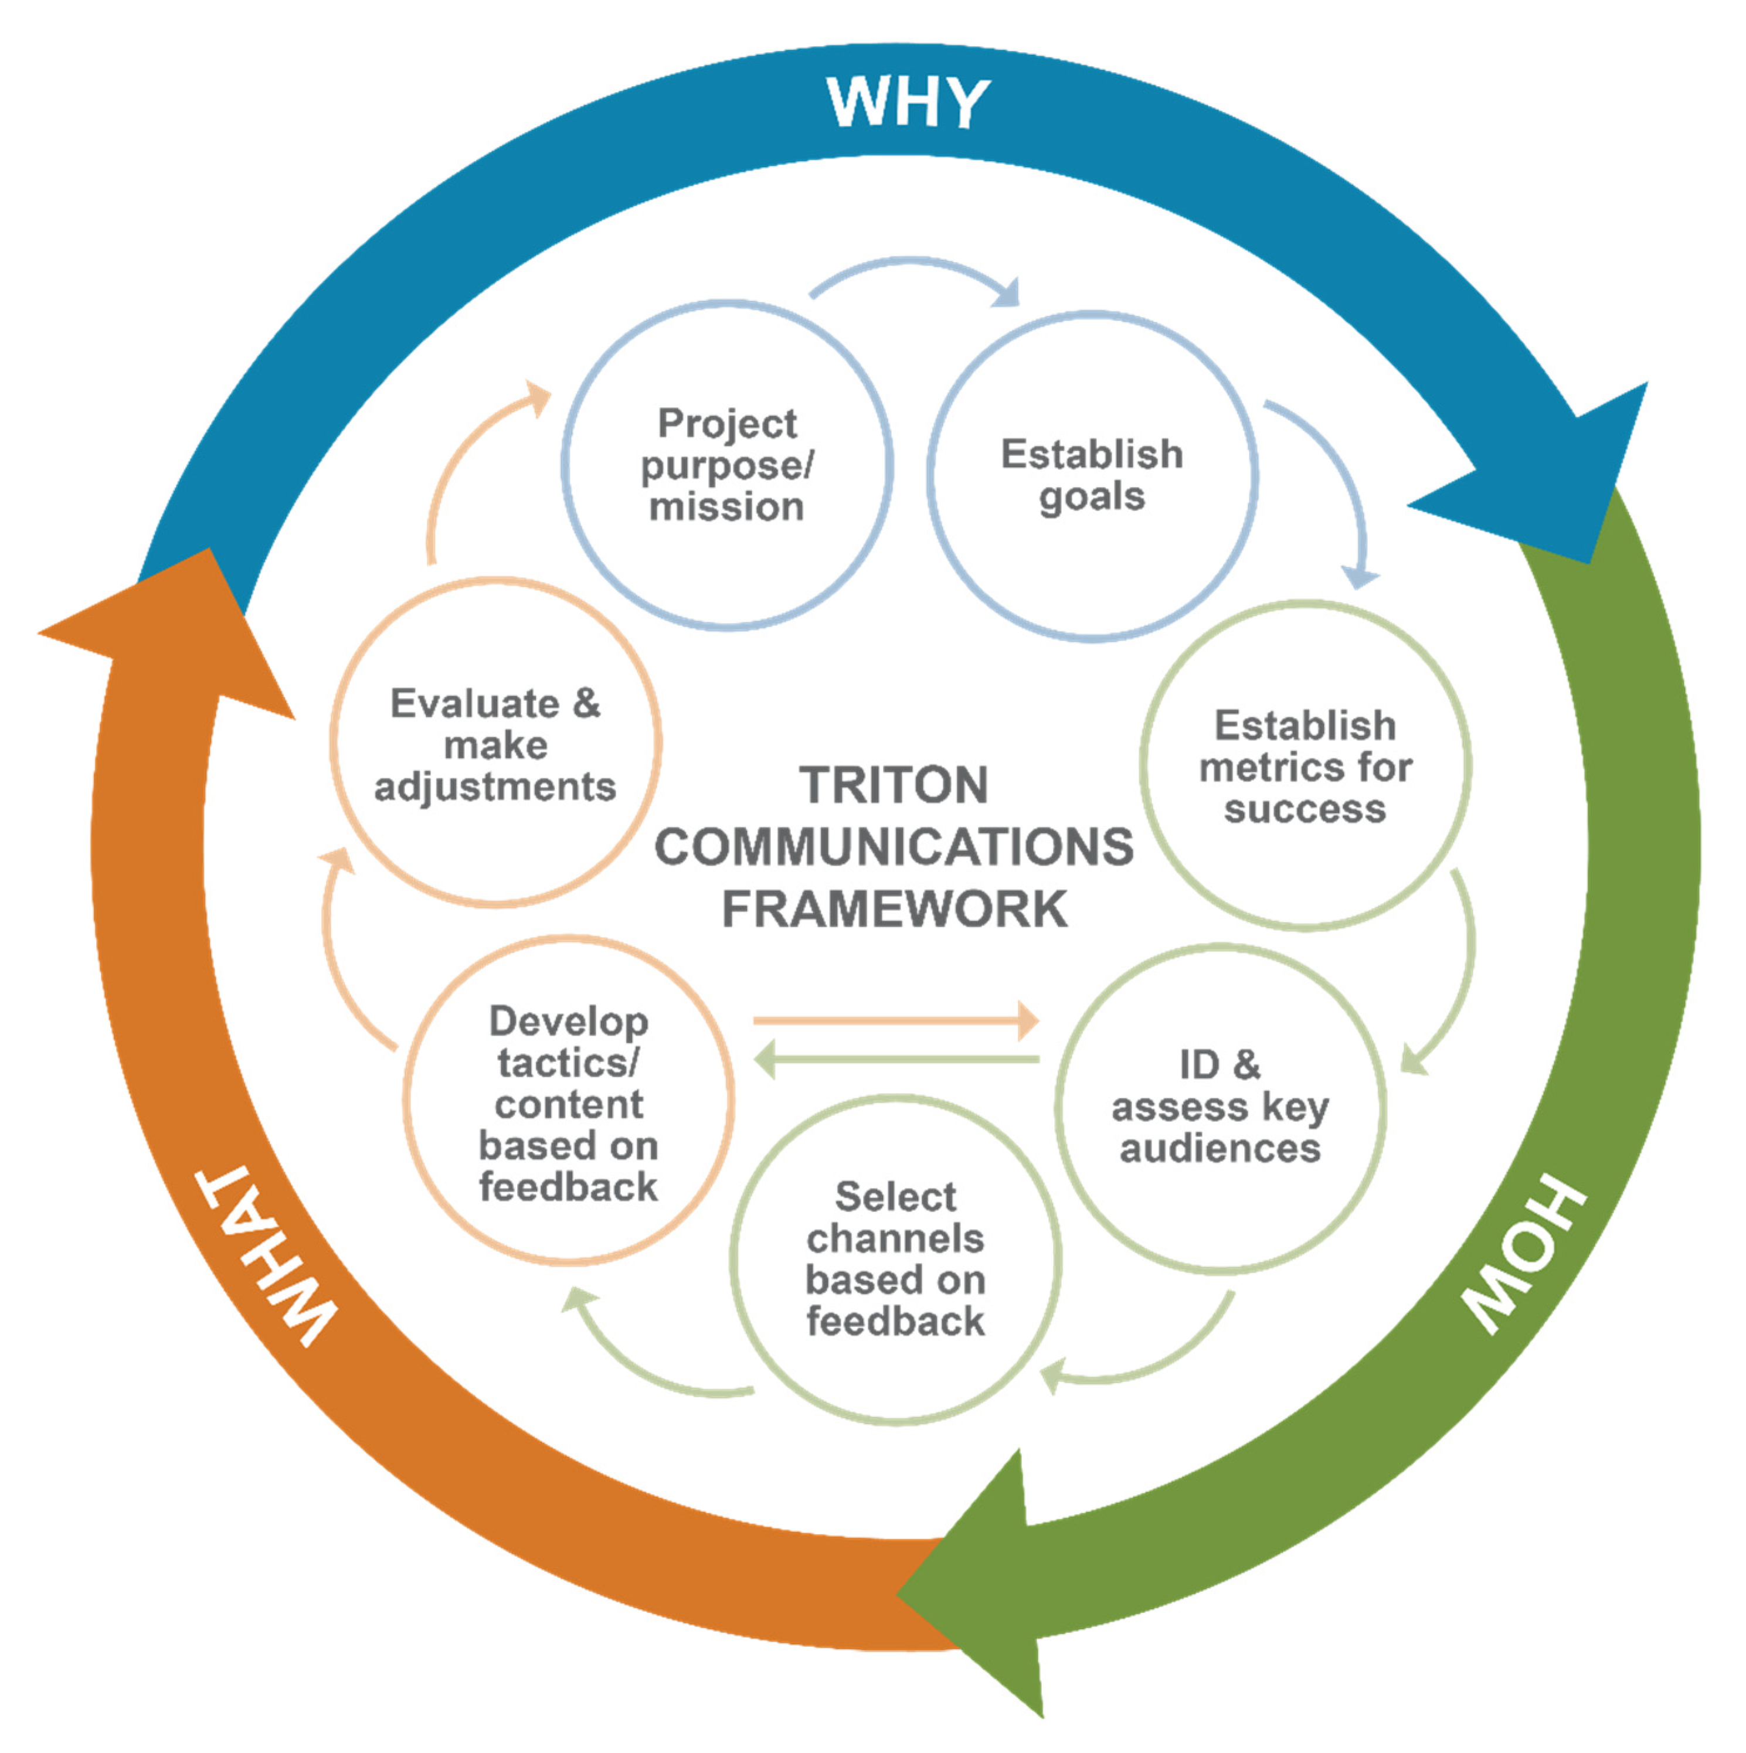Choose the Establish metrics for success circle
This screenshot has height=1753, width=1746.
tap(1305, 767)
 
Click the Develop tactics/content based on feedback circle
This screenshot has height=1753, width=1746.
tap(568, 1102)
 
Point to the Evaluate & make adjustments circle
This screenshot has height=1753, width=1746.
tap(495, 744)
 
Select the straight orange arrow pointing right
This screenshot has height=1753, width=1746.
tap(894, 1022)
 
